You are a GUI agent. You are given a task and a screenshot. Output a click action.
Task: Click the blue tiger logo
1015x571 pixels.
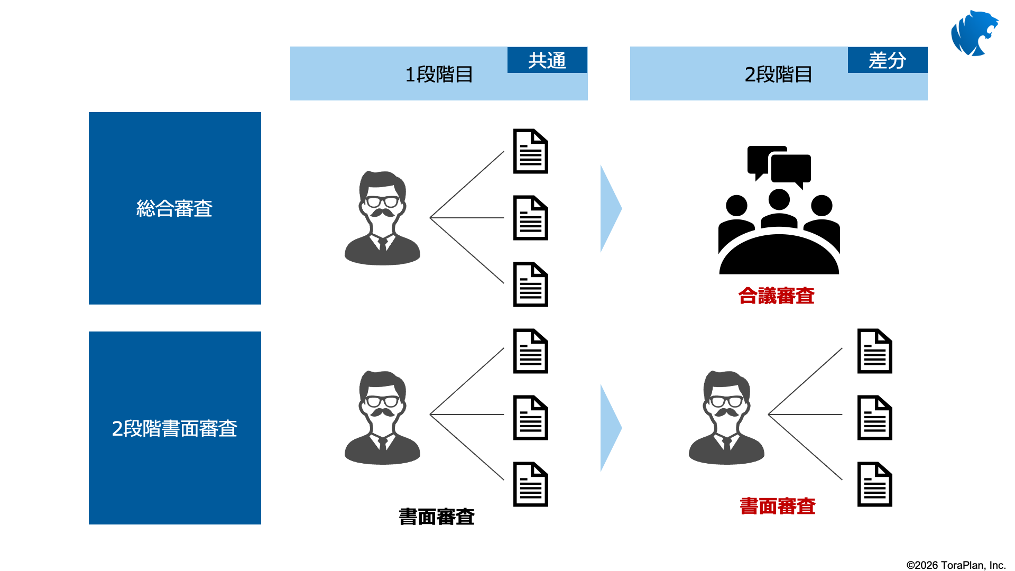tap(974, 33)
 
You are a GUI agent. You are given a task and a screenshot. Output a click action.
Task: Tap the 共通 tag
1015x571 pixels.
tap(547, 60)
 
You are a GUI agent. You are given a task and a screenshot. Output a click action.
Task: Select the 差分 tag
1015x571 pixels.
tap(888, 60)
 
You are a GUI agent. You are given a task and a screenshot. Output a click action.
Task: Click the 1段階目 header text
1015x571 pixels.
tap(439, 75)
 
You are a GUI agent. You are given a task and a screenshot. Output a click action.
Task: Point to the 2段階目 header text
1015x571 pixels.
tap(778, 75)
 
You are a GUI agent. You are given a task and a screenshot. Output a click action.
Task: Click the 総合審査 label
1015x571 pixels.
tap(174, 208)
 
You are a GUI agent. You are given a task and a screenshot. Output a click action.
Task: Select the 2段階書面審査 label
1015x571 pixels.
tap(174, 428)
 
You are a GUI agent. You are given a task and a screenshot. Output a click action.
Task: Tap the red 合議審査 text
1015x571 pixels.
tap(777, 296)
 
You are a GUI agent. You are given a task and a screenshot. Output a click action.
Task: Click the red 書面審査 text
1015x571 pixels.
tap(778, 506)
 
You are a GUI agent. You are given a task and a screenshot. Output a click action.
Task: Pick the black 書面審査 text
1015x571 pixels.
tap(437, 517)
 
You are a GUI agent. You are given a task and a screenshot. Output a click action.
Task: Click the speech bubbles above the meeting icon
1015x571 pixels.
tap(779, 167)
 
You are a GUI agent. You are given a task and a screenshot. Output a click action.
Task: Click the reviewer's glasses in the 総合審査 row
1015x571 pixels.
tap(382, 201)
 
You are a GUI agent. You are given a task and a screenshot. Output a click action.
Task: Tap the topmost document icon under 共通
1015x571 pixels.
tap(531, 151)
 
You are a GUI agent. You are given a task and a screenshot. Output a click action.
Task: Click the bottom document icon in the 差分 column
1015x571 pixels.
tap(875, 484)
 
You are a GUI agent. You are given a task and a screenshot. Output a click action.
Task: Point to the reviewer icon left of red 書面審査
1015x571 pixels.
tap(726, 418)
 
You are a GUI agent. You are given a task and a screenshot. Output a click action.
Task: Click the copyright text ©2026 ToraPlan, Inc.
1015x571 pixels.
tap(956, 565)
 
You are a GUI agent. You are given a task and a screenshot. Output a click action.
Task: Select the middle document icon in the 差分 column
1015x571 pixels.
tap(875, 418)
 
